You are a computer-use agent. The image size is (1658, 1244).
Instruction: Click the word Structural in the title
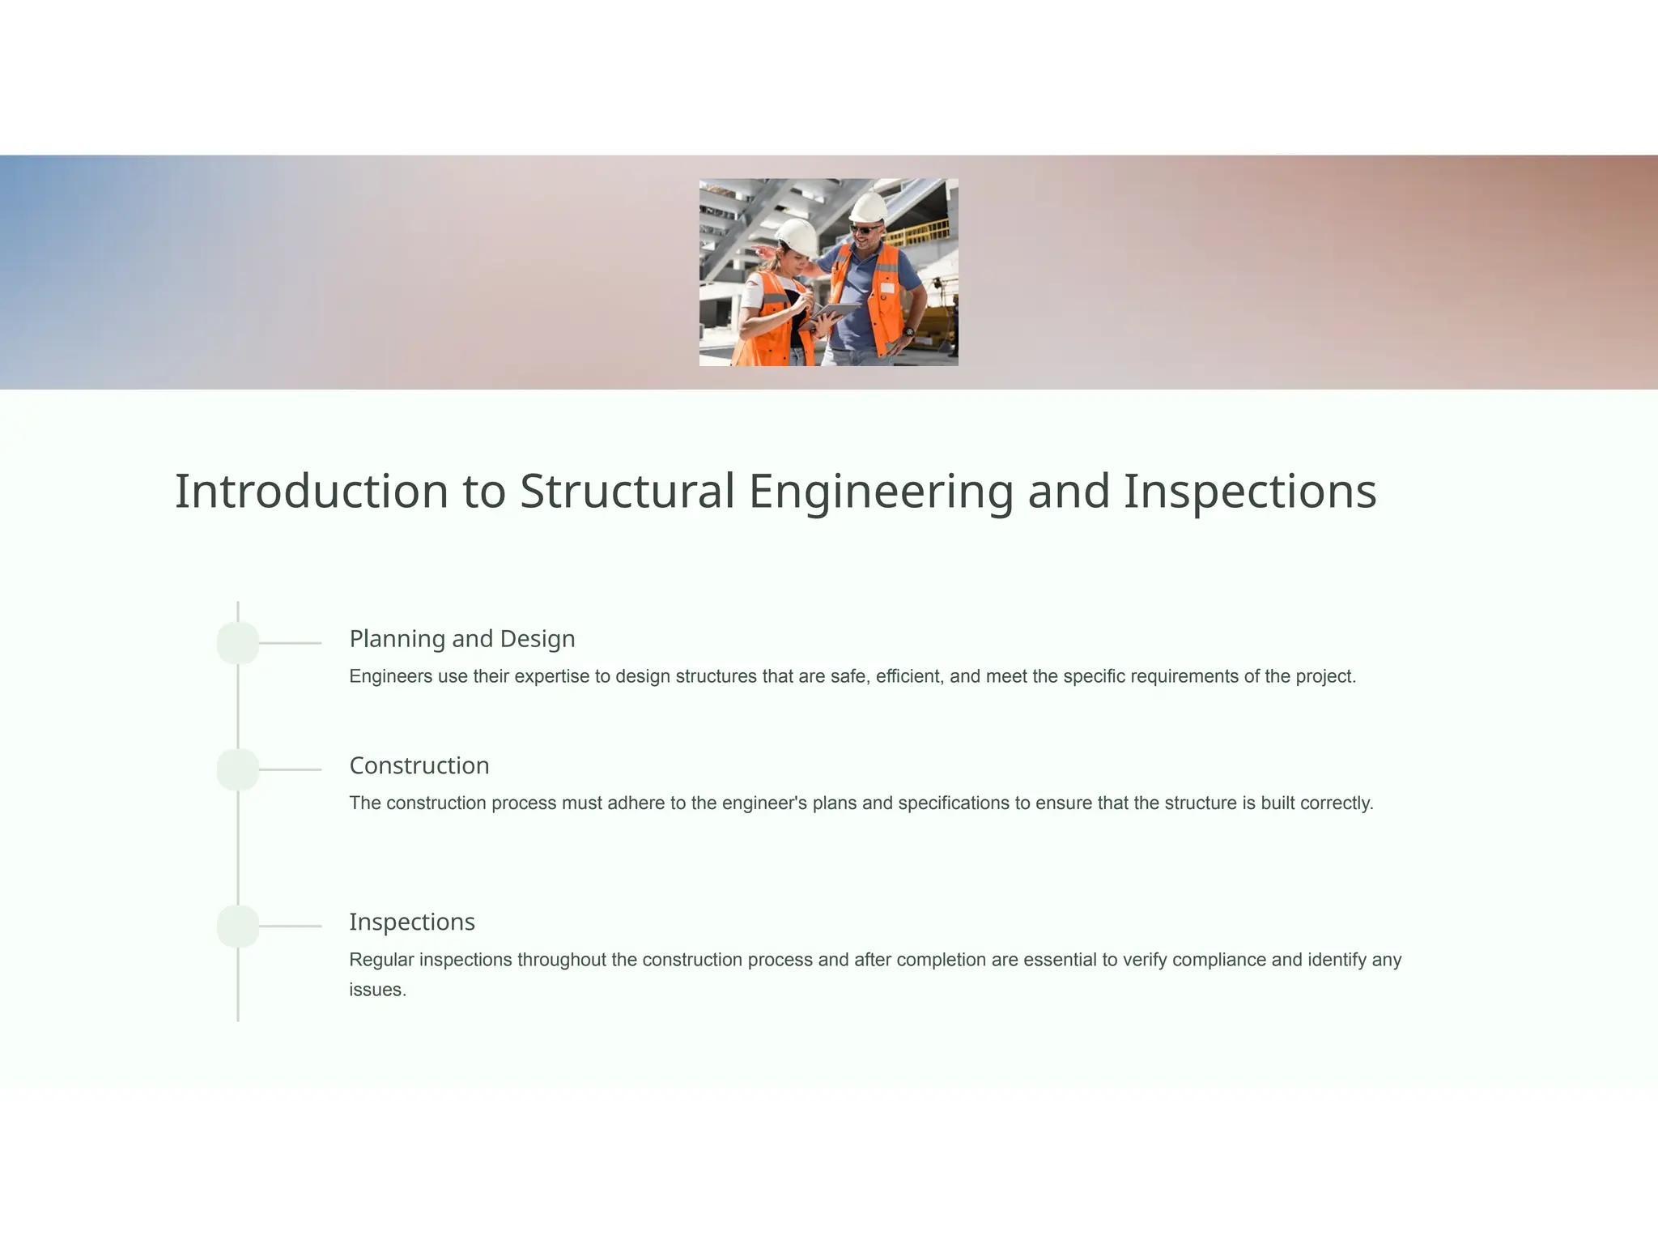point(627,492)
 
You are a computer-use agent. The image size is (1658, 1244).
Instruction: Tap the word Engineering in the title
point(881,492)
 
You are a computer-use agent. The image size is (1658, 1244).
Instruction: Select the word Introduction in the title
point(312,492)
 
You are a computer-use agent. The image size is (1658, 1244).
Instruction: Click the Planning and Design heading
point(462,639)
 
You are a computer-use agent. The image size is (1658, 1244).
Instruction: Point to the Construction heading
point(419,765)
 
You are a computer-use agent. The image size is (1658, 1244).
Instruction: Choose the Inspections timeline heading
point(412,922)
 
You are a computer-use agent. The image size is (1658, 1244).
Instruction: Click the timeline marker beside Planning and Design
point(238,643)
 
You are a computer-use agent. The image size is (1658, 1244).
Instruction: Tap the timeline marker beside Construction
point(238,769)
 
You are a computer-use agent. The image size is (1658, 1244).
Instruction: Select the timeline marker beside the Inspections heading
point(238,926)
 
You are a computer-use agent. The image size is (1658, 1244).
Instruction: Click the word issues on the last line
point(377,990)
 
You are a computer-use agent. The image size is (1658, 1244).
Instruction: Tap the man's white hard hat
point(869,207)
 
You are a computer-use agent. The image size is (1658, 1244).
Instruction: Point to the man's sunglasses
point(863,230)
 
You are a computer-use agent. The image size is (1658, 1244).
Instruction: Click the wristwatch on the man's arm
point(910,332)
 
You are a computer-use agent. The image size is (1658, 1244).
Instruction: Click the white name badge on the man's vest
point(888,288)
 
